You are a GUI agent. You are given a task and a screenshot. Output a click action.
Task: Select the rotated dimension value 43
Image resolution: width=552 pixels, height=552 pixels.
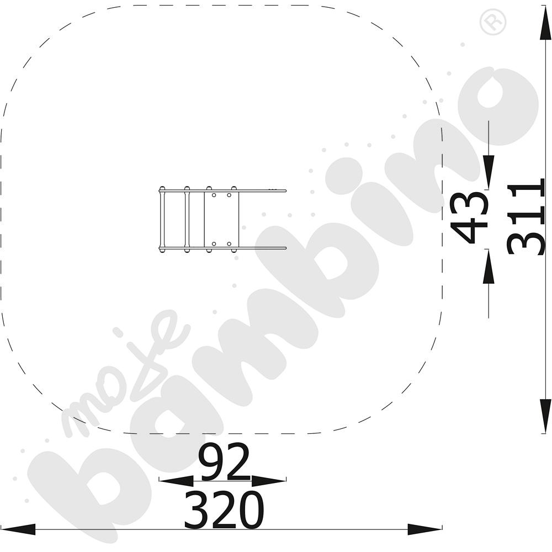(x=470, y=217)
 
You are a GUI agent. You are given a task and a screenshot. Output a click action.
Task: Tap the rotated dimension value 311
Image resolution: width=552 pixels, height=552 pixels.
(x=526, y=216)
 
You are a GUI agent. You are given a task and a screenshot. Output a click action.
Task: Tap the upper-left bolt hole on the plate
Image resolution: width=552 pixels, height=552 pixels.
(x=214, y=195)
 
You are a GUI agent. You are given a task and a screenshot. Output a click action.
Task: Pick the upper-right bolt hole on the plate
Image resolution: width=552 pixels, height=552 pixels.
(x=229, y=195)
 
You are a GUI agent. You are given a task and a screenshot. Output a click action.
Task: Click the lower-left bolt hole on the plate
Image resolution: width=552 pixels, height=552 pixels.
(x=214, y=243)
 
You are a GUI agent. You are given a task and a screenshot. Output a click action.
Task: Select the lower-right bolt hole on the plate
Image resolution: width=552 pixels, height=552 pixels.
(x=229, y=243)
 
